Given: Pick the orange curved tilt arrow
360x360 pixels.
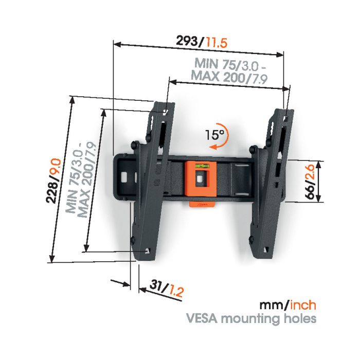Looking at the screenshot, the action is pyautogui.click(x=225, y=138).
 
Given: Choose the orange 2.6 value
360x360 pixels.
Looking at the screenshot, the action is pyautogui.click(x=310, y=173).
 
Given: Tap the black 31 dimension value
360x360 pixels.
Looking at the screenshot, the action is pyautogui.click(x=157, y=285).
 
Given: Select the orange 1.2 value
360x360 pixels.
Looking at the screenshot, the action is pyautogui.click(x=176, y=292).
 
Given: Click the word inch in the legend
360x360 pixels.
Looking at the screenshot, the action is pyautogui.click(x=303, y=305).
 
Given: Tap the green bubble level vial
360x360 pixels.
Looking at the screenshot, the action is pyautogui.click(x=201, y=165).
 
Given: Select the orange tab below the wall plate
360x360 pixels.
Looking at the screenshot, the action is pyautogui.click(x=202, y=204).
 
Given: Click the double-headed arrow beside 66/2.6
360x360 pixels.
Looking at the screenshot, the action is pyautogui.click(x=318, y=182).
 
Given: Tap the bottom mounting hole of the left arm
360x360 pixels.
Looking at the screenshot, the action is pyautogui.click(x=147, y=251).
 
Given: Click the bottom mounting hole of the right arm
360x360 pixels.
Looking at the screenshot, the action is pyautogui.click(x=266, y=249).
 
